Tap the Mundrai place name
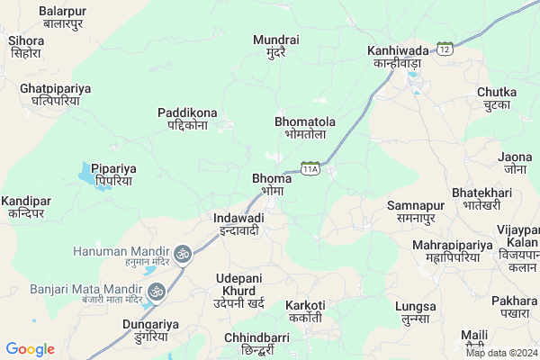pyautogui.click(x=275, y=47)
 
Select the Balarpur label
pyautogui.click(x=62, y=17)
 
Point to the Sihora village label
pyautogui.click(x=26, y=47)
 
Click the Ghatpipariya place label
pyautogui.click(x=49, y=95)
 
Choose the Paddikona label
pyautogui.click(x=183, y=119)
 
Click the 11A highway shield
pyautogui.click(x=310, y=168)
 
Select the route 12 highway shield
pyautogui.click(x=445, y=48)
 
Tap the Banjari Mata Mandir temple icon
pyautogui.click(x=157, y=291)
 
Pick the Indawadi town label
pyautogui.click(x=238, y=224)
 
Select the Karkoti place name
pyautogui.click(x=305, y=311)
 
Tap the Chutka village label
pyautogui.click(x=497, y=98)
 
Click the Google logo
pyautogui.click(x=30, y=349)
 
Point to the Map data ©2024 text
pyautogui.click(x=500, y=353)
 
